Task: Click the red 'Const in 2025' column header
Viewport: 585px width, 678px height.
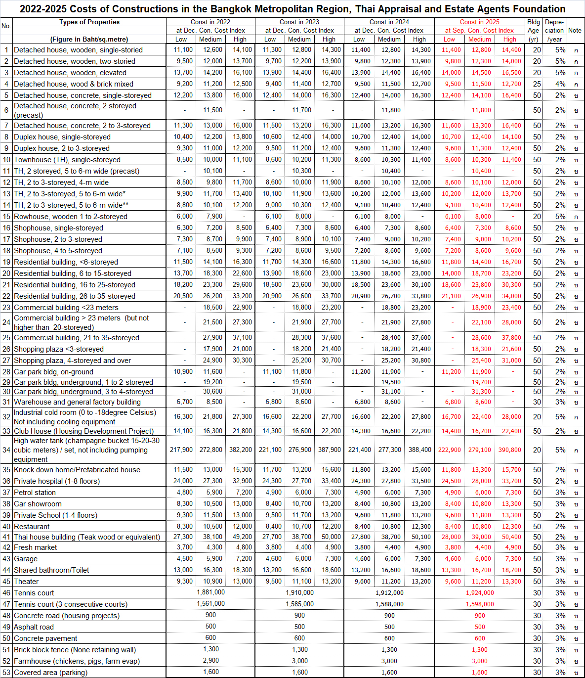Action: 479,22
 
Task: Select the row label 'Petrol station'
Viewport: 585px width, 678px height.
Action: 35,493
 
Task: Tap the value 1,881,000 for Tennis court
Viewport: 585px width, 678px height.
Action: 210,592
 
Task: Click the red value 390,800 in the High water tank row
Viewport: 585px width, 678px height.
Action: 509,450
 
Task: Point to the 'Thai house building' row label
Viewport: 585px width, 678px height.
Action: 87,537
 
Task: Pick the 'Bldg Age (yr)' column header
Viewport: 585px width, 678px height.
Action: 533,30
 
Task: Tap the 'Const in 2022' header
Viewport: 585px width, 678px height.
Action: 210,22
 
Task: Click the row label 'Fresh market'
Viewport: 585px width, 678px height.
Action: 36,547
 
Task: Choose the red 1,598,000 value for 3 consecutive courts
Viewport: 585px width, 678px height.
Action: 479,604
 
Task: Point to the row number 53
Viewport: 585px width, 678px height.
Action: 6,673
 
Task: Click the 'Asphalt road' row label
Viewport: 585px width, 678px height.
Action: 34,627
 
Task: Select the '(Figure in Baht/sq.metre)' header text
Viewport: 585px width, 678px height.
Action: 89,39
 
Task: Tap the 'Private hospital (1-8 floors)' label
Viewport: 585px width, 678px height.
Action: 57,481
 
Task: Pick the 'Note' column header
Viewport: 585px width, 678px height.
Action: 575,30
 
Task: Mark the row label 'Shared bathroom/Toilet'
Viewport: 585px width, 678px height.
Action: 51,570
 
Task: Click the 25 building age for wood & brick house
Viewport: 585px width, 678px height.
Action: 537,84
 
